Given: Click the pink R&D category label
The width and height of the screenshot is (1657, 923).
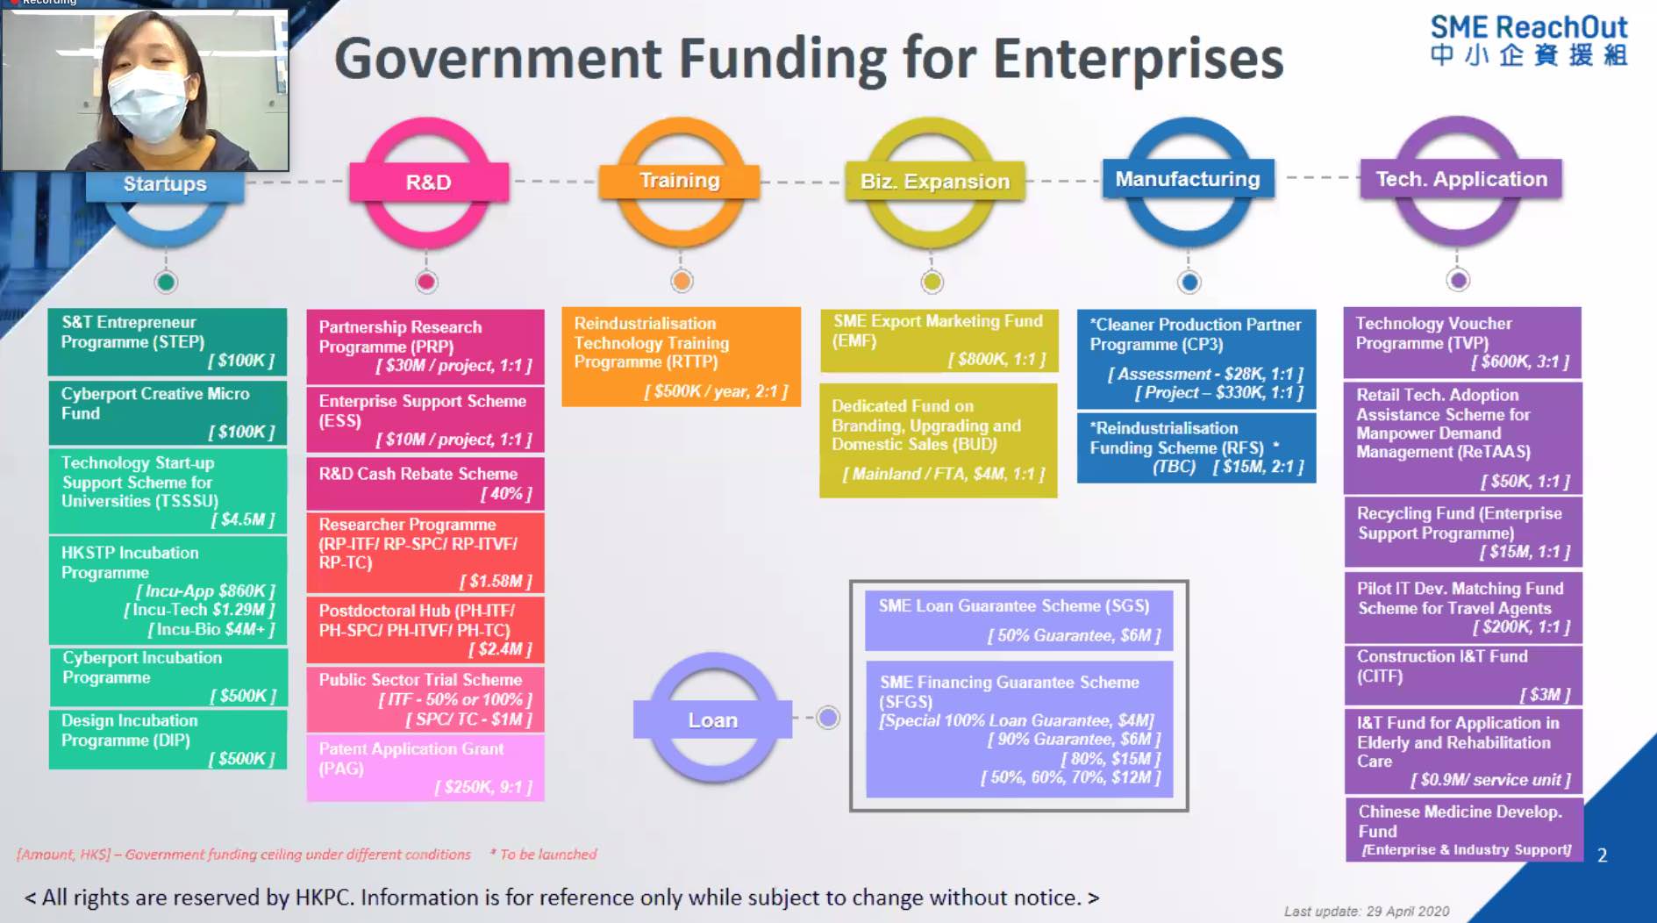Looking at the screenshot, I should pos(428,182).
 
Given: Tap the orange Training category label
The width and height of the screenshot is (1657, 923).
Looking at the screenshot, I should pos(679,181).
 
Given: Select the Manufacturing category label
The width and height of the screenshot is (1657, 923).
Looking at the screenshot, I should pos(1187,179).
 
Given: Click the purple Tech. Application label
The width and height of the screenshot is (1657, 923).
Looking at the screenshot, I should pos(1461,179).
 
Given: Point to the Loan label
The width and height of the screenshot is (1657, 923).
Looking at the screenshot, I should pos(712,720).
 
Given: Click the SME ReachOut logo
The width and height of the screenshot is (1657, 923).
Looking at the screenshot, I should pos(1528,40).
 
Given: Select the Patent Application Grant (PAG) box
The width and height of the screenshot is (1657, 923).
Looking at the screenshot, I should pos(425,768).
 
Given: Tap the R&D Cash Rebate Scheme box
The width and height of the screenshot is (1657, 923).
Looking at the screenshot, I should pos(425,483).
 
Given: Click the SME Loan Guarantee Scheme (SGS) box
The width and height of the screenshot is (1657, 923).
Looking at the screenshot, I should pos(1018,620).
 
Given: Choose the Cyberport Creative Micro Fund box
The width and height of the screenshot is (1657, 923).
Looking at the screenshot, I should pos(168,412).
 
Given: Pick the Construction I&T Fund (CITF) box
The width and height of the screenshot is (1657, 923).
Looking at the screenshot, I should pos(1462,675).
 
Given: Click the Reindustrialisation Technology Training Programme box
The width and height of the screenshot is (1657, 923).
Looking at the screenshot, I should pos(681,356).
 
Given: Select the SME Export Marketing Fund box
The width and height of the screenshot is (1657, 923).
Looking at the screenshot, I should pos(939,340).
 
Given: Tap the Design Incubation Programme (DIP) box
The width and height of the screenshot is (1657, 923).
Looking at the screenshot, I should pos(168,739).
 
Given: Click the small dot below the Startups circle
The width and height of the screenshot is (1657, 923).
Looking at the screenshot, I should pos(166,282).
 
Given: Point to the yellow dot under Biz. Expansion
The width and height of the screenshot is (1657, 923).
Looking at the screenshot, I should pos(932,282).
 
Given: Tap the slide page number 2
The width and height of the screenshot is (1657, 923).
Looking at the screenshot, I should pos(1602,855).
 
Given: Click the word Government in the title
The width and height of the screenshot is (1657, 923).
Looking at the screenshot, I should pos(498,60).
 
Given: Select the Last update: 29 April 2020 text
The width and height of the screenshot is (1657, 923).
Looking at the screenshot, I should pos(1366,912).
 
